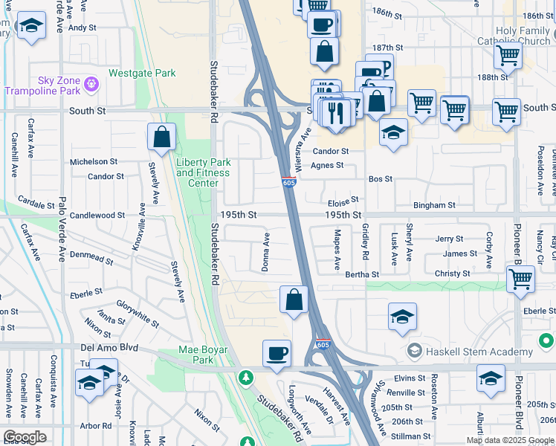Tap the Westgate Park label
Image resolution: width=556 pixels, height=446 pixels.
(x=142, y=74)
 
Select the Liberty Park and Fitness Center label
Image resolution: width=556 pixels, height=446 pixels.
(x=203, y=172)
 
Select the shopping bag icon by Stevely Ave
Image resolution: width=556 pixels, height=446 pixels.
(x=161, y=137)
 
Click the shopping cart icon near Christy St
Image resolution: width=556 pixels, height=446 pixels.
(x=520, y=279)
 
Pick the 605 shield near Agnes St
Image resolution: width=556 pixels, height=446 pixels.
(x=289, y=182)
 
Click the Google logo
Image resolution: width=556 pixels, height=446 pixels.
(x=25, y=437)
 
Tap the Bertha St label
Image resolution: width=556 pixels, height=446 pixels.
(x=362, y=274)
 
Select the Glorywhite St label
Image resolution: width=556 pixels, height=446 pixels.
(x=138, y=314)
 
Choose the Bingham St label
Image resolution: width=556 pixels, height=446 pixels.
(x=434, y=205)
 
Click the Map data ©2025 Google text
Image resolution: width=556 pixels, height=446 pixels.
(x=511, y=440)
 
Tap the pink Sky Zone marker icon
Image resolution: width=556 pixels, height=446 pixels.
(x=91, y=83)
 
